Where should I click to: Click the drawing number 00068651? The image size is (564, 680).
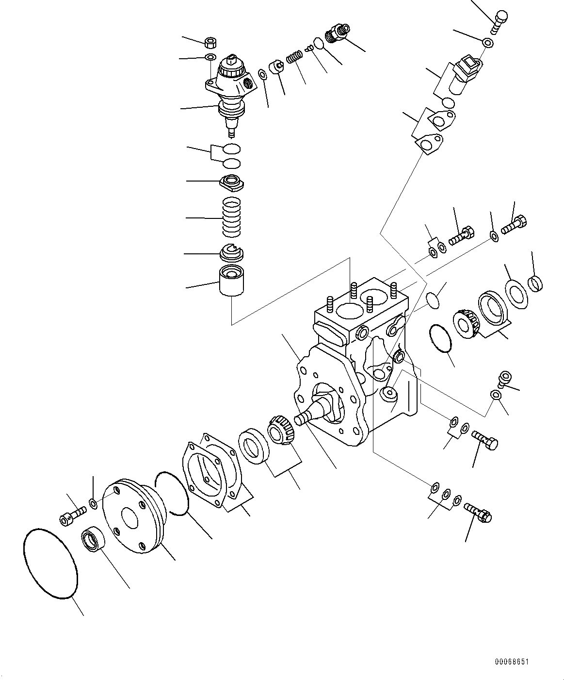[512, 662]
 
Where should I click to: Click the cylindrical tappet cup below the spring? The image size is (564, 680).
[232, 281]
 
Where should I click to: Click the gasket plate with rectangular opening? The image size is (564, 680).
[211, 468]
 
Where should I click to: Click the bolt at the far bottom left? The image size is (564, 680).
[71, 515]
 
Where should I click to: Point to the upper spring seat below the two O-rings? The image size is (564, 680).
[233, 182]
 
